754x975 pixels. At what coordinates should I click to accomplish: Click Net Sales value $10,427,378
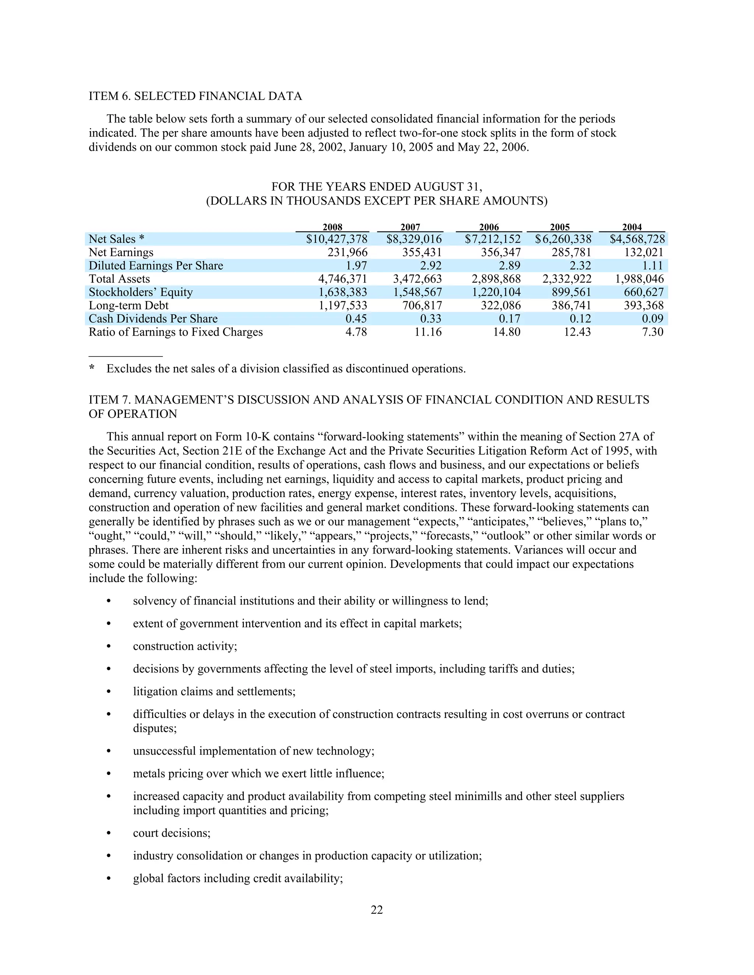(337, 239)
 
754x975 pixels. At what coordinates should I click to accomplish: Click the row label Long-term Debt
(128, 306)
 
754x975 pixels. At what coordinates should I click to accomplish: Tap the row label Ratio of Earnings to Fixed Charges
(176, 332)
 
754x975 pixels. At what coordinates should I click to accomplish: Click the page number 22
(377, 910)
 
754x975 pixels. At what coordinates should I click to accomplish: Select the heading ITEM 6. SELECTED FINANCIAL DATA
(195, 96)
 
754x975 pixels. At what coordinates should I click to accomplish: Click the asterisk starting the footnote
(92, 369)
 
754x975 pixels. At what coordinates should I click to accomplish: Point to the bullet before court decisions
(109, 833)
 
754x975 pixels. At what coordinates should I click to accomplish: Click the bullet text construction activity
(185, 646)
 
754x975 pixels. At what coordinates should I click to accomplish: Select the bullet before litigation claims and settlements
(109, 692)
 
